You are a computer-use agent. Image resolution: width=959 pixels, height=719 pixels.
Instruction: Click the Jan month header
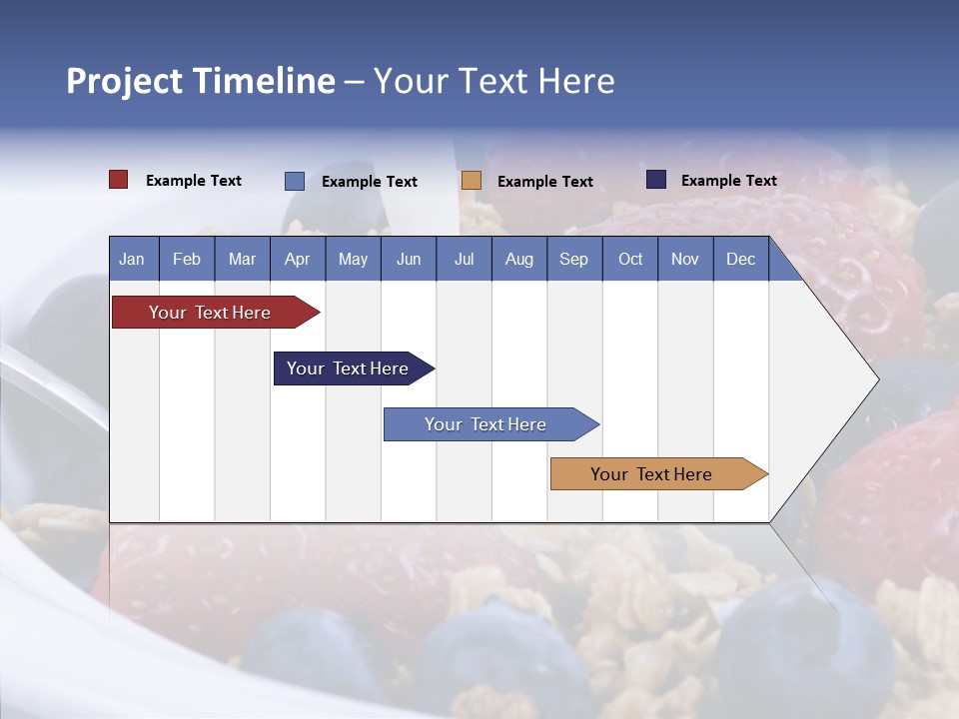132,260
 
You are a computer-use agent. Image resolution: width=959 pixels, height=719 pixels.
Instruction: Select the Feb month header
187,260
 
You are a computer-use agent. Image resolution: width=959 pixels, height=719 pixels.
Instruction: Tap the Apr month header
297,260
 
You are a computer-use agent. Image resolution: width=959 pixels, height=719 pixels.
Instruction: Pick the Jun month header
409,260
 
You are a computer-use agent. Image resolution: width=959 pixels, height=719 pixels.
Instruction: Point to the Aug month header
518,260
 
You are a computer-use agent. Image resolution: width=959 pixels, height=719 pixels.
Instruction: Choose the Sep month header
573,260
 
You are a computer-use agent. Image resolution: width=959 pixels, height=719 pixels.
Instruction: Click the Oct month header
630,260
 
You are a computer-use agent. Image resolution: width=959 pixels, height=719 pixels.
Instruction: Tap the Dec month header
740,260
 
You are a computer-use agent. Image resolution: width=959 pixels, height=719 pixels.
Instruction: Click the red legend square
118,180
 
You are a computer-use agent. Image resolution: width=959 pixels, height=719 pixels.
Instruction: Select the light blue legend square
294,181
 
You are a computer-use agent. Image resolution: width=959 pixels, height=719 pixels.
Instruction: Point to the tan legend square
472,181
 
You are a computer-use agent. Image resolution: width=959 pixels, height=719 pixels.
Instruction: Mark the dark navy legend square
656,180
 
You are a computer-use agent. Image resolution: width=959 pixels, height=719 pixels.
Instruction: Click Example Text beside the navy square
728,180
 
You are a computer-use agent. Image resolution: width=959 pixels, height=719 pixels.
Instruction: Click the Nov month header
684,260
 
